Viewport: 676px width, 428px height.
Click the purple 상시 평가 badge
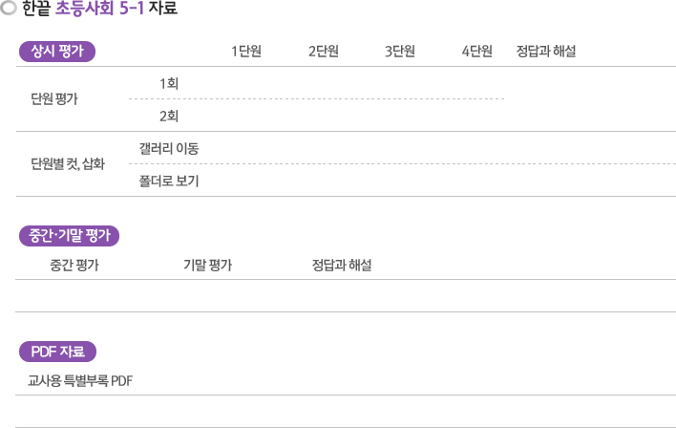pos(57,52)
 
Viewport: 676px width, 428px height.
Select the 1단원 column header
pos(246,52)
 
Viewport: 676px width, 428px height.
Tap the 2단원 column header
pos(324,52)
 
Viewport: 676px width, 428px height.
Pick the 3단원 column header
pos(400,52)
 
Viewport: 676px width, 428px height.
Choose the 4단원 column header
pos(476,52)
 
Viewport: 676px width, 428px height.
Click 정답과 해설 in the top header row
pos(546,52)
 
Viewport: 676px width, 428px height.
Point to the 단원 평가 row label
pos(54,98)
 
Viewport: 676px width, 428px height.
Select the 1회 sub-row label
pos(169,83)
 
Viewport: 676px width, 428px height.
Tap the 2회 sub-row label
pos(169,116)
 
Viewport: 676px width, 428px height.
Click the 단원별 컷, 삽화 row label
pos(68,164)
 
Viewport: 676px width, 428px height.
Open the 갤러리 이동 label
pos(169,148)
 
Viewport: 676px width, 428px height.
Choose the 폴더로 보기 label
pos(169,181)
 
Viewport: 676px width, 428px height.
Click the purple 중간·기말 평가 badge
pos(69,236)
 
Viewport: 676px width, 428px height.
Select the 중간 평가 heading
pos(74,265)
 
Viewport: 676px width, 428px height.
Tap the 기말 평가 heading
pos(208,265)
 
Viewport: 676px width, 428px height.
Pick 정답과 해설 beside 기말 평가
pos(342,265)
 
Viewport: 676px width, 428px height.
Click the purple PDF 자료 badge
pos(58,352)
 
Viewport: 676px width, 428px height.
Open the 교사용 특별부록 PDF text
pos(80,381)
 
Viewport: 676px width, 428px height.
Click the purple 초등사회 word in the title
pos(84,9)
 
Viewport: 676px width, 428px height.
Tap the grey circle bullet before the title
pos(9,8)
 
